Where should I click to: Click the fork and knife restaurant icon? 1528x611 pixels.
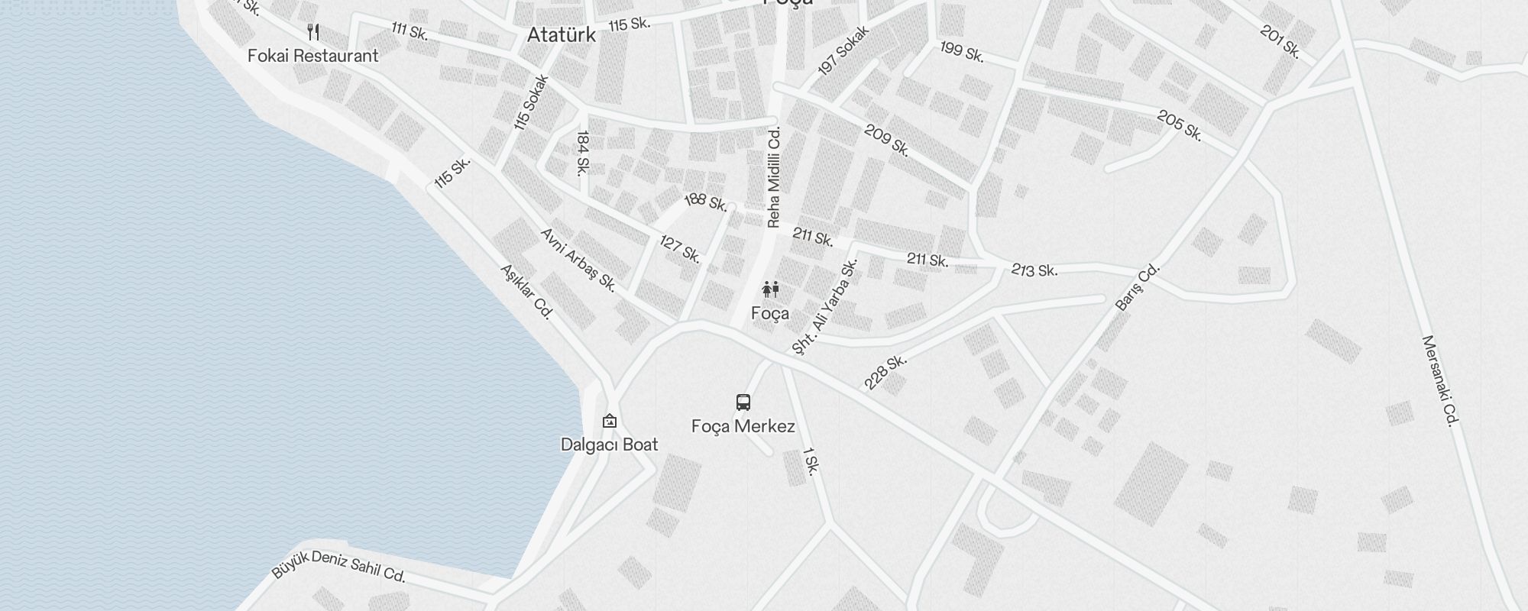tap(312, 32)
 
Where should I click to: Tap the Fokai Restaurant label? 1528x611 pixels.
tap(312, 56)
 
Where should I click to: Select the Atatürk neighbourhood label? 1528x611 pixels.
tap(561, 35)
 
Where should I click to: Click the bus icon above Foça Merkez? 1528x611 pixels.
tap(743, 402)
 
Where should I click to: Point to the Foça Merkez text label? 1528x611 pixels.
tap(743, 426)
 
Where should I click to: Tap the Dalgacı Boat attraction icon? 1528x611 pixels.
tap(609, 421)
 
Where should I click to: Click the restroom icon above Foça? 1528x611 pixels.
tap(770, 290)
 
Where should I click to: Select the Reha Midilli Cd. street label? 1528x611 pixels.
tap(774, 177)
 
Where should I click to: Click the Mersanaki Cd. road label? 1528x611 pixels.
tap(1441, 380)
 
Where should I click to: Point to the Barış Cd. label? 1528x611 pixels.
tap(1138, 287)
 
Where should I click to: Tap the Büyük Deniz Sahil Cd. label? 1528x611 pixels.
tap(338, 565)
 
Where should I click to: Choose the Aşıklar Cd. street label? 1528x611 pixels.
tap(526, 292)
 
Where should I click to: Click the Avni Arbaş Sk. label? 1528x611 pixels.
tap(578, 260)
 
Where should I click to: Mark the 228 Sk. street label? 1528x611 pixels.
tap(885, 371)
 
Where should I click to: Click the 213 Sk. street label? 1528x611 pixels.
tap(1034, 270)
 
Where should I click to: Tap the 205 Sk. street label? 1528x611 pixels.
tap(1180, 126)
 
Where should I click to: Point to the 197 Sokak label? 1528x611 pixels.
tap(843, 51)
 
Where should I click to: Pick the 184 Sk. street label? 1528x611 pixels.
tap(582, 153)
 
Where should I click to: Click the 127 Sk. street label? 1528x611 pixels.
tap(680, 249)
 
